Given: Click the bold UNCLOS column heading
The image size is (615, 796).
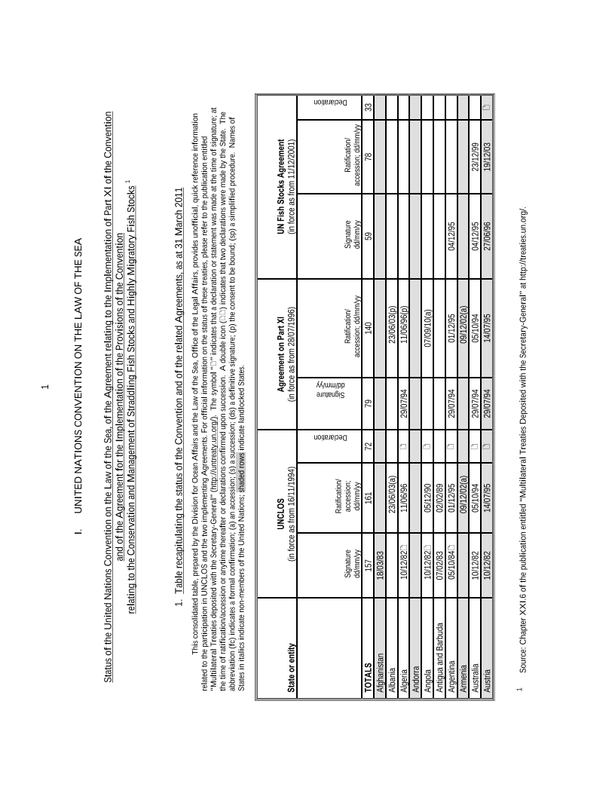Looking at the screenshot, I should coord(281,513).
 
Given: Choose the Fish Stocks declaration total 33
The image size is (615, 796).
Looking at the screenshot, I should coord(369,106).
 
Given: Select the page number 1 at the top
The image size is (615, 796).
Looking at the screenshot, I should coord(45,387).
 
